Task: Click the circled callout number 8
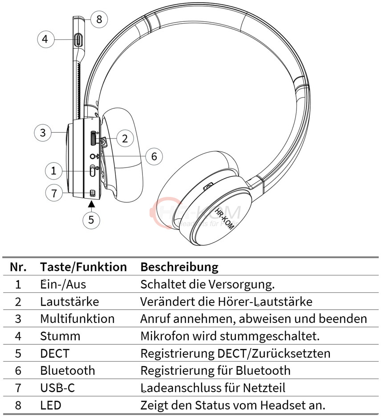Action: pyautogui.click(x=99, y=19)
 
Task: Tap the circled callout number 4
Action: pyautogui.click(x=45, y=39)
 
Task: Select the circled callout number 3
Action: pyautogui.click(x=42, y=132)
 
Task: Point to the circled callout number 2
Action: pyautogui.click(x=125, y=139)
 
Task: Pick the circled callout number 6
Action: pyautogui.click(x=154, y=156)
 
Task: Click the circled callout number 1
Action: pyautogui.click(x=53, y=170)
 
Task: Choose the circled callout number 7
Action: pyautogui.click(x=54, y=193)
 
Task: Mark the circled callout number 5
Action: pyautogui.click(x=91, y=219)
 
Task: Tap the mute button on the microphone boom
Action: pyautogui.click(x=79, y=40)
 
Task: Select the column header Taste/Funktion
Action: pyautogui.click(x=83, y=267)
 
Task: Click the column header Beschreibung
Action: pyautogui.click(x=179, y=267)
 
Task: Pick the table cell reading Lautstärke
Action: pyautogui.click(x=69, y=302)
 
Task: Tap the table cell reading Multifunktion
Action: pyautogui.click(x=77, y=319)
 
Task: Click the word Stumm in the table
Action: pyautogui.click(x=60, y=336)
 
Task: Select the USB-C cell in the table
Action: pyautogui.click(x=57, y=388)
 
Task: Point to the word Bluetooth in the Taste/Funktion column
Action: pyautogui.click(x=67, y=370)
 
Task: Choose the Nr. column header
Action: pyautogui.click(x=18, y=267)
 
